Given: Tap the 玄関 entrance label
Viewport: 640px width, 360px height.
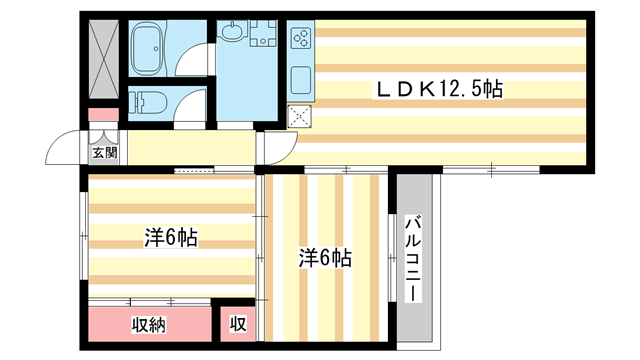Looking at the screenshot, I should (x=105, y=153).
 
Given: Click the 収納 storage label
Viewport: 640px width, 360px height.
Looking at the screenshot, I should (x=149, y=324).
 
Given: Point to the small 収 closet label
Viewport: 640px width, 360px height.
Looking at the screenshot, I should (x=238, y=324).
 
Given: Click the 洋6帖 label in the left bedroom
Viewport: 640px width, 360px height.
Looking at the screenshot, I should (x=170, y=237).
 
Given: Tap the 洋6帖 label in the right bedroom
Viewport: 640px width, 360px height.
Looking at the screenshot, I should (x=325, y=258).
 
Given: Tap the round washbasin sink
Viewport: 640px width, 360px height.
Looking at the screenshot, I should (x=232, y=33).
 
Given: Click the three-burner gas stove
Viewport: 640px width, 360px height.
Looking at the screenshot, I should (x=301, y=40).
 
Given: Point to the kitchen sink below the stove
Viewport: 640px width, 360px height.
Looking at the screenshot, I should (x=300, y=76).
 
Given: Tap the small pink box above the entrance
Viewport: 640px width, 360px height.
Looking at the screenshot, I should (x=102, y=114).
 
